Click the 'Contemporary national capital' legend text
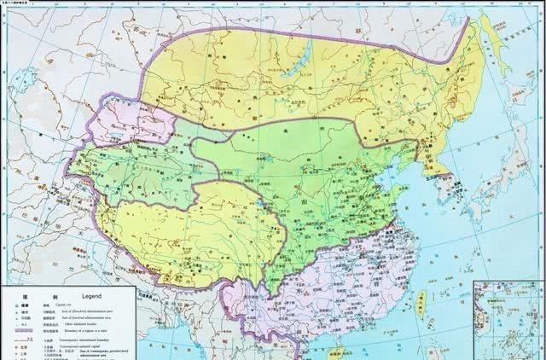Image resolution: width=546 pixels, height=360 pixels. click(95, 350)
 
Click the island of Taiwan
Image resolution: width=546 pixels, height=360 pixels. click(421, 299)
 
